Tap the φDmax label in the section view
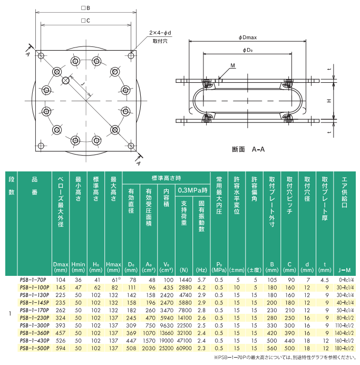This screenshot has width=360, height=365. pos(247,37)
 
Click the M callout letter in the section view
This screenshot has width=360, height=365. pos(233,65)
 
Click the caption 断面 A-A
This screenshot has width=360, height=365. pos(248,149)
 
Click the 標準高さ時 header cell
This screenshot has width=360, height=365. pos(166,178)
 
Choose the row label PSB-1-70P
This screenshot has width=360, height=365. pos(32,280)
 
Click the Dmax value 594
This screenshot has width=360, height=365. pos(61,349)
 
